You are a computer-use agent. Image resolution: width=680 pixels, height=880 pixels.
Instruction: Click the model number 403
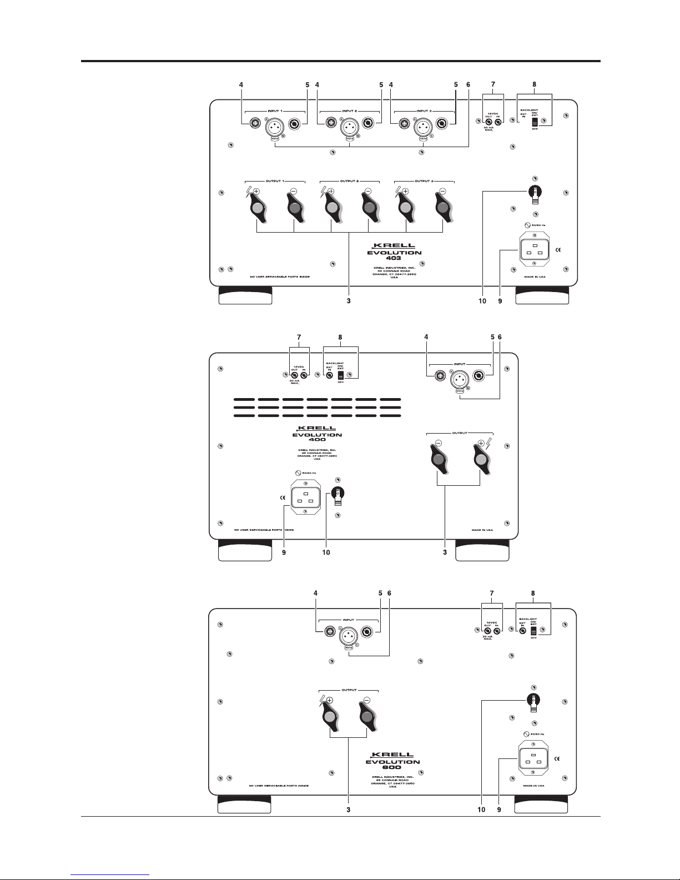(x=394, y=259)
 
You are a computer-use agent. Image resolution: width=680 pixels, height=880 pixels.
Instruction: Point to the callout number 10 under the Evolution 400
(x=326, y=552)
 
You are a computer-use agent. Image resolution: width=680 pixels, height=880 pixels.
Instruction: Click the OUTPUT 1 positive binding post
(x=257, y=208)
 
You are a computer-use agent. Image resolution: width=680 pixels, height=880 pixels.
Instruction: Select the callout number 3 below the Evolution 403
(x=349, y=301)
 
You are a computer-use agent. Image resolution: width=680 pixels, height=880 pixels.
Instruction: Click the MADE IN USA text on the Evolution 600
(x=533, y=786)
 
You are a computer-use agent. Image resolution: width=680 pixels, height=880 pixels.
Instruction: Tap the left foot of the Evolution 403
(x=245, y=295)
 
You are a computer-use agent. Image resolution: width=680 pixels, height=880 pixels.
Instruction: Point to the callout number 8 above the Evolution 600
(x=533, y=593)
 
